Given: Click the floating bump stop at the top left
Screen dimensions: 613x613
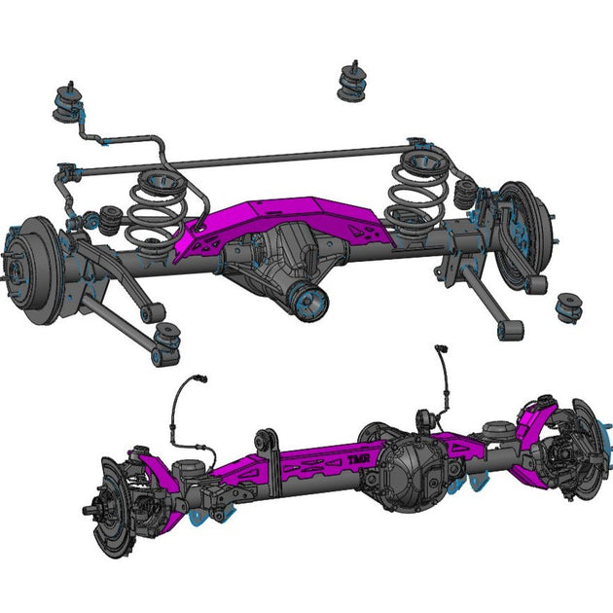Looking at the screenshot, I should (x=72, y=103).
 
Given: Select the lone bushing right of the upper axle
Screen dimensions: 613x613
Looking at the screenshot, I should (x=568, y=307).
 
